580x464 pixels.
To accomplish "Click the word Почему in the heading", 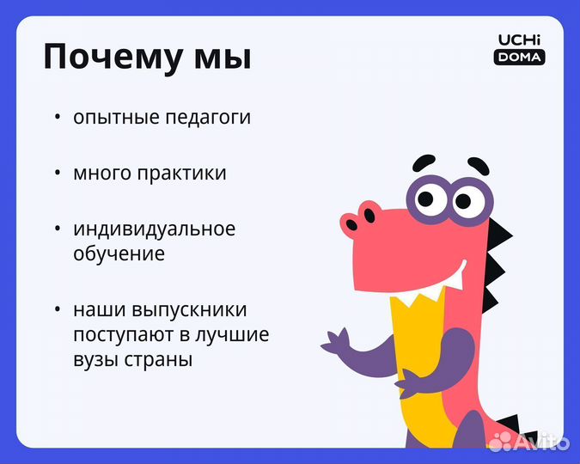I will (110, 58).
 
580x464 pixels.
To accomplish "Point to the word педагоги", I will (211, 117).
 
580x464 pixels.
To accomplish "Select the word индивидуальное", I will (154, 229).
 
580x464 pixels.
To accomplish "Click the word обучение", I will (119, 254).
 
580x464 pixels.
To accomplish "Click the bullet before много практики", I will (58, 173).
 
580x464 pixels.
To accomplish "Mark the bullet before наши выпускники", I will (58, 309).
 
